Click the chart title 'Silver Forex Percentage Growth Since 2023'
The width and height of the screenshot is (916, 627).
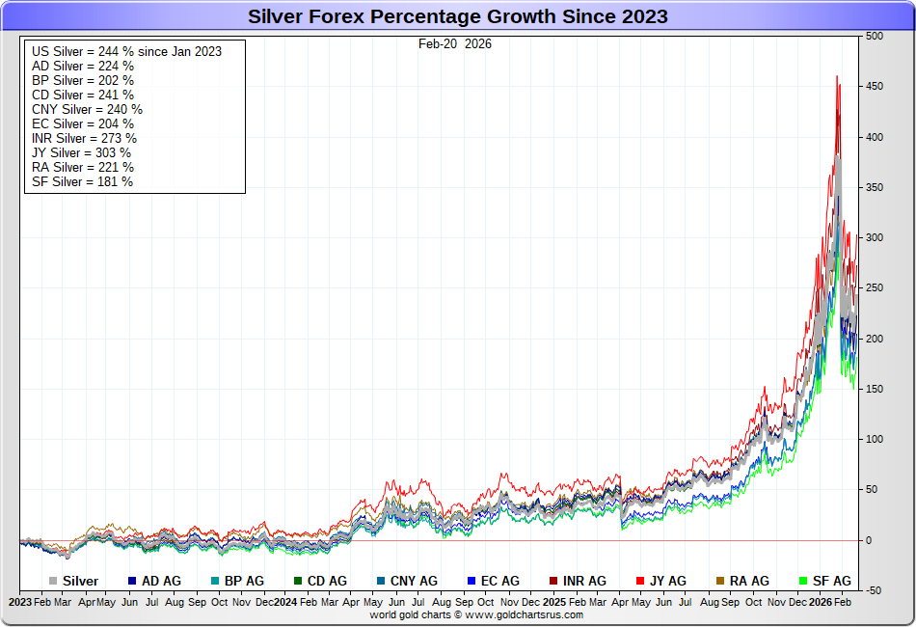457,16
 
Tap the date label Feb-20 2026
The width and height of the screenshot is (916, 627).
455,43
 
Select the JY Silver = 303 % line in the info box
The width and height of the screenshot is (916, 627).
81,152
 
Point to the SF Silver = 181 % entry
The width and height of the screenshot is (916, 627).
82,181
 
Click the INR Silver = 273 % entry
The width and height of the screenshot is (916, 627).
84,138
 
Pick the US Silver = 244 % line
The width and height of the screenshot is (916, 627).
126,51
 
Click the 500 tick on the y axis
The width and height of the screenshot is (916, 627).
875,37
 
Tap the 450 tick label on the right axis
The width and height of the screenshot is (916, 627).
875,87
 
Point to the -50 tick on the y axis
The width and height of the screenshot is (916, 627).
875,590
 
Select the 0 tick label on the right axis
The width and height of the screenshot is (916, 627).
869,540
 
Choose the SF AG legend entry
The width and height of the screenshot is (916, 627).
825,581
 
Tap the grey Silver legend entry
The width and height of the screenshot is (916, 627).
73,581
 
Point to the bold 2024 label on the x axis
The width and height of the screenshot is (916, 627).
284,602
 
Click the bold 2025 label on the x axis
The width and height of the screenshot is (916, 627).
553,602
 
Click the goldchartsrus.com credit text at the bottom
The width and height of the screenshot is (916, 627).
476,614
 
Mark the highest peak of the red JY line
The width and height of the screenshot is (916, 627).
836,76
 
